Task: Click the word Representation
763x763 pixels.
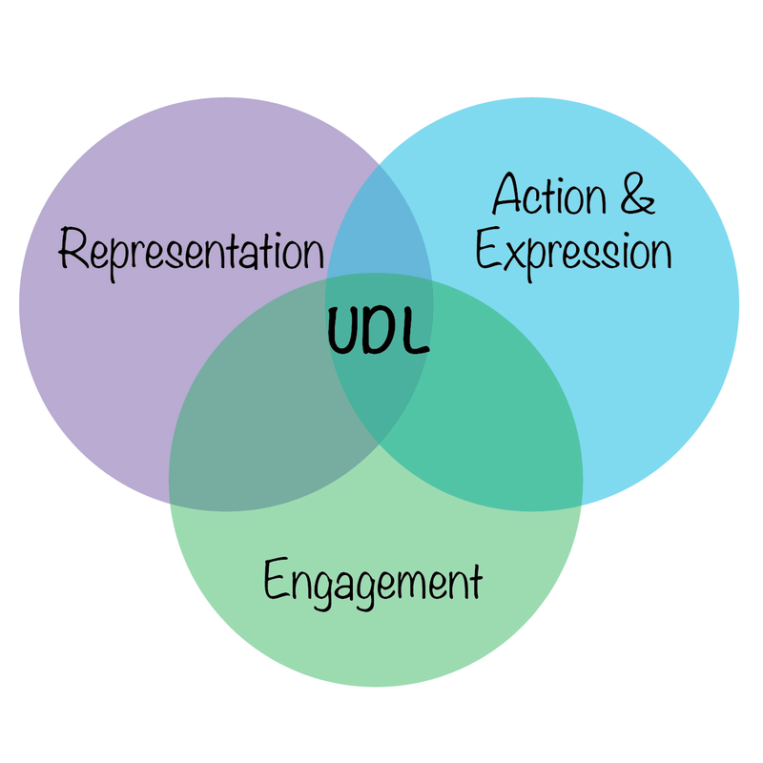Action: [x=191, y=251]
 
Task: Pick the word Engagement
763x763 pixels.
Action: [x=373, y=582]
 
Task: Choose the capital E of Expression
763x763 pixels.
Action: [x=489, y=253]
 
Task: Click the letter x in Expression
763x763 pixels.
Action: [x=516, y=255]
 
